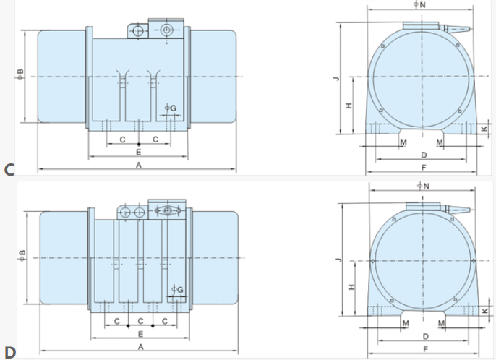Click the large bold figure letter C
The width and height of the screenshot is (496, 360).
9,170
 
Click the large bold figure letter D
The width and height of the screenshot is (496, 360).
10,352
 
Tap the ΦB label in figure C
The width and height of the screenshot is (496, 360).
20,74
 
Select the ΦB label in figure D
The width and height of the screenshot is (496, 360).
22,256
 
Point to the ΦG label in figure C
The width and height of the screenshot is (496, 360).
171,108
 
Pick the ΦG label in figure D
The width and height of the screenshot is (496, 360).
177,289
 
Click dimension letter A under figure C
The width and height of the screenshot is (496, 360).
139,165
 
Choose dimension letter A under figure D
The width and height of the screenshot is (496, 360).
141,347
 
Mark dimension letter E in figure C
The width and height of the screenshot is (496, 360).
139,152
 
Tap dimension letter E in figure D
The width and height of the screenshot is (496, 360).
141,334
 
